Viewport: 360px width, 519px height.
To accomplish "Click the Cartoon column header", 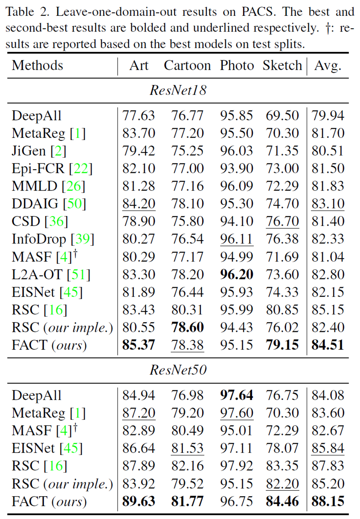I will point(187,65).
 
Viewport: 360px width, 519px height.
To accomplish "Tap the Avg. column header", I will point(328,65).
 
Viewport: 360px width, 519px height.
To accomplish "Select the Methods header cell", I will point(38,65).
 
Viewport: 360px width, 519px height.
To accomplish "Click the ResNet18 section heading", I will point(178,90).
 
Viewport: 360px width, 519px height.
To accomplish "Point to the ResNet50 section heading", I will point(178,370).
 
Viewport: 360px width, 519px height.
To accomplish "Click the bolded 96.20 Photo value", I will point(237,274).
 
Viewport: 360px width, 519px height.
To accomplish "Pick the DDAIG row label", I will point(35,204).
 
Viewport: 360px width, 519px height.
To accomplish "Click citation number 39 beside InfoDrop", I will point(82,239).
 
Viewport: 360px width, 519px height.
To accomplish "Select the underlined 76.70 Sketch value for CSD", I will point(282,221).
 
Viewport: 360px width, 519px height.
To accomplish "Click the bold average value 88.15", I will point(328,501).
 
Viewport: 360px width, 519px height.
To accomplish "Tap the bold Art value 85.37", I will point(139,345).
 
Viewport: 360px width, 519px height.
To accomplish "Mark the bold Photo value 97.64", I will point(237,395).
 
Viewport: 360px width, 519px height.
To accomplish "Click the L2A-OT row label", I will point(37,274).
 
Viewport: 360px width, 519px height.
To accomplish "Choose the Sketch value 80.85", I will point(282,310).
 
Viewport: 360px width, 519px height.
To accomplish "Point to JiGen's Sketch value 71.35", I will point(282,151).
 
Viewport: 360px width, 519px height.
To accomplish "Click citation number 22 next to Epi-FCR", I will point(81,169).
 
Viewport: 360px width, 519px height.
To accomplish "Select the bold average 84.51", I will point(328,345).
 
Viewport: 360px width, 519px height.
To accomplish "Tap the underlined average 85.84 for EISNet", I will point(328,448).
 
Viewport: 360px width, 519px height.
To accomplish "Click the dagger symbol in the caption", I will point(328,28).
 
